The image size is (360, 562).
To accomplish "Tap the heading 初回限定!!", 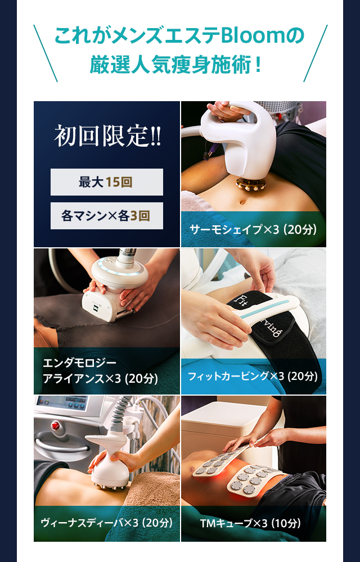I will pos(107,137).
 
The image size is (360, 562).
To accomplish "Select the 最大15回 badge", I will pos(107,182).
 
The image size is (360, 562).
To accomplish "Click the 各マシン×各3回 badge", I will pos(107,216).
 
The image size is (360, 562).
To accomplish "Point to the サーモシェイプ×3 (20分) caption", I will pos(253,230).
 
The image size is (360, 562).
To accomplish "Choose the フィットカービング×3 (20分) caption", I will pos(254,376).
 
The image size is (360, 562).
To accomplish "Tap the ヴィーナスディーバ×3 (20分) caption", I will pos(106,523).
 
